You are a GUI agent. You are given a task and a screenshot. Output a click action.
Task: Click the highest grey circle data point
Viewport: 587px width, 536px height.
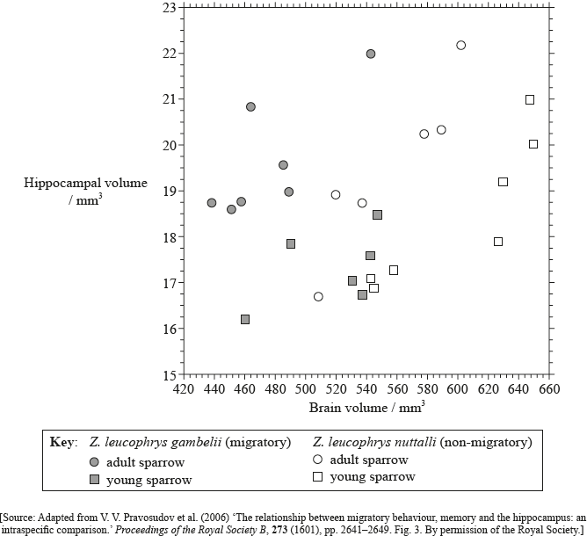click(371, 54)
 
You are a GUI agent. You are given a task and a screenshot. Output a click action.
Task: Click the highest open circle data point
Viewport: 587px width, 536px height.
click(461, 45)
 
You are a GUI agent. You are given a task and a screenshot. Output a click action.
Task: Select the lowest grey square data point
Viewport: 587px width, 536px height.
click(245, 319)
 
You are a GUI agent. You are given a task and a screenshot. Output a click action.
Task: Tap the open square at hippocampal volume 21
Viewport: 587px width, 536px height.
click(530, 99)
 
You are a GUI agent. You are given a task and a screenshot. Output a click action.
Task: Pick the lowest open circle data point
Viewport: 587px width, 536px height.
click(318, 296)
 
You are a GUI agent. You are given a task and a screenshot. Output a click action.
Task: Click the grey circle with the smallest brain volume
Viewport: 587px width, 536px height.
click(212, 203)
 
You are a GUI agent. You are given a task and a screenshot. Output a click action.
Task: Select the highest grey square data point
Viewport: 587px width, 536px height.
click(377, 214)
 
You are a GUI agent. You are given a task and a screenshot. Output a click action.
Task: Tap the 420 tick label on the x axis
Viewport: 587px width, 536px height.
click(183, 389)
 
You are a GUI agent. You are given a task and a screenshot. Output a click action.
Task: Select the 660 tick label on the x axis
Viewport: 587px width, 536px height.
click(549, 389)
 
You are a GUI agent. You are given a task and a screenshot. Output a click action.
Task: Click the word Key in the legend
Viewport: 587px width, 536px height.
click(64, 442)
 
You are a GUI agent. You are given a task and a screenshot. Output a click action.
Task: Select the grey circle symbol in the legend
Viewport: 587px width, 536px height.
click(94, 461)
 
